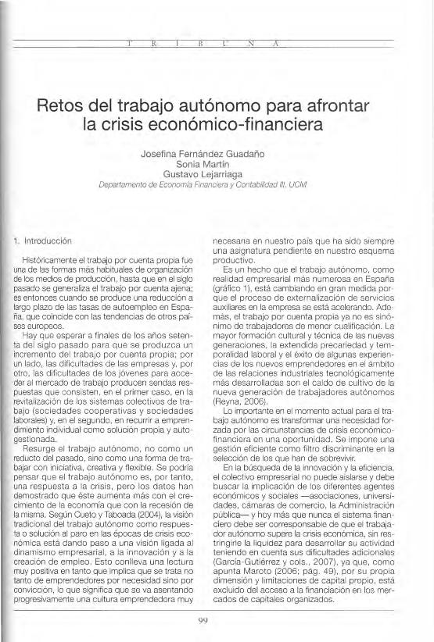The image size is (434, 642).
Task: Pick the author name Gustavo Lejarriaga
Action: tap(217, 177)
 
